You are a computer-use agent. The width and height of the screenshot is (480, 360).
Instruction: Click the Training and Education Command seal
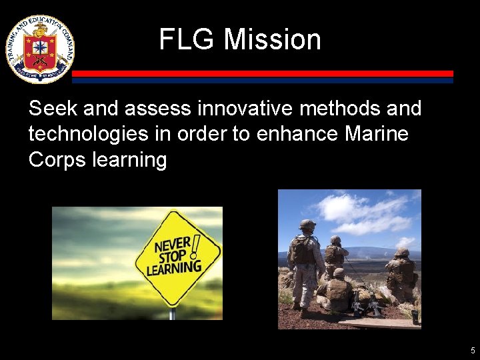[40, 49]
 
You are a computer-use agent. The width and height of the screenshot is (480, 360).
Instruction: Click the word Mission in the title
[272, 39]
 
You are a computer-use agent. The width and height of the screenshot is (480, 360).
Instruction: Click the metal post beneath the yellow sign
[172, 313]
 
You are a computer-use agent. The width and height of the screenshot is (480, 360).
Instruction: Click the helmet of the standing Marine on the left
[307, 225]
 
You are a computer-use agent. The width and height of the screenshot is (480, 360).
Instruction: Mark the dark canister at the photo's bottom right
[415, 317]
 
